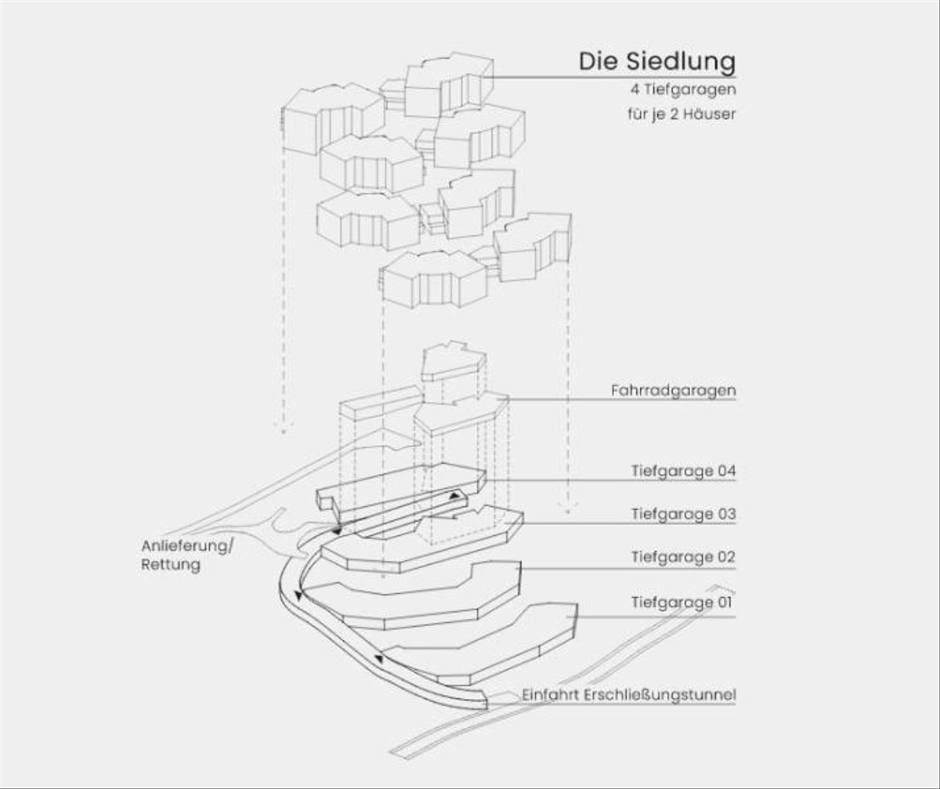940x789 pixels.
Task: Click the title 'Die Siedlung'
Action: click(x=656, y=61)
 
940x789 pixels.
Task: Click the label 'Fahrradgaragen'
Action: click(x=673, y=389)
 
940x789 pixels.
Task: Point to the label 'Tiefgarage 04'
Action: click(x=683, y=472)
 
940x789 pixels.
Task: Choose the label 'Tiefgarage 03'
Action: click(x=683, y=515)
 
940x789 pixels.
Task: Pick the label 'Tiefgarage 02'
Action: click(x=683, y=558)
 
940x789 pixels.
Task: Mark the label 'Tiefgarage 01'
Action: click(x=683, y=603)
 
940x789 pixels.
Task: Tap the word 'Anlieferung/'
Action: click(x=187, y=546)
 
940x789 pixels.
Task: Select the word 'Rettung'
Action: click(x=171, y=564)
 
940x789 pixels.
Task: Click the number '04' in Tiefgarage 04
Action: click(x=725, y=472)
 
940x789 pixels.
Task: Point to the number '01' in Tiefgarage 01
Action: click(x=725, y=603)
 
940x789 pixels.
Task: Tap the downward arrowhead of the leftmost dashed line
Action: click(x=283, y=429)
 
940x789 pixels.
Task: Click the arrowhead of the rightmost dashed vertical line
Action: click(x=569, y=508)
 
